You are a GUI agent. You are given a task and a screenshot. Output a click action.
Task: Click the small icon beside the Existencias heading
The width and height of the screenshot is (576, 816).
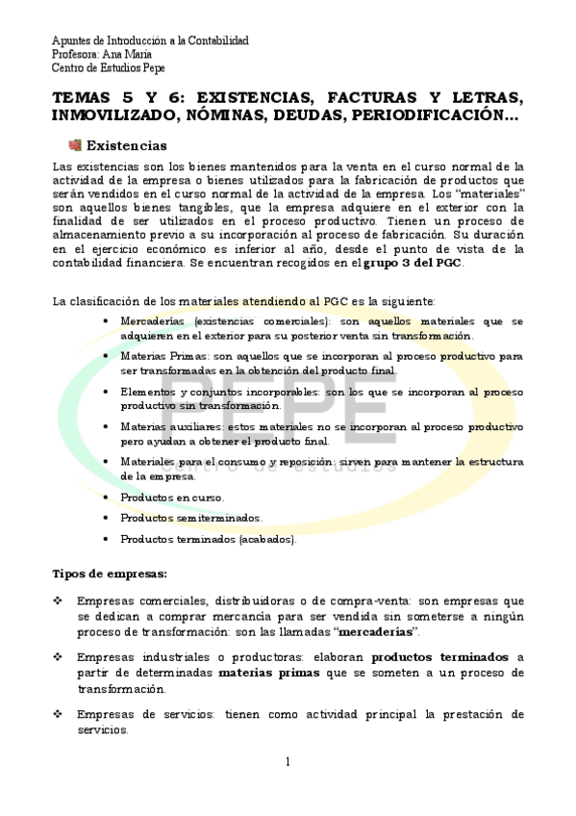tap(75, 146)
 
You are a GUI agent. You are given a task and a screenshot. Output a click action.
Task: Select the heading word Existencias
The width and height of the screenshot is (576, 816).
tap(127, 146)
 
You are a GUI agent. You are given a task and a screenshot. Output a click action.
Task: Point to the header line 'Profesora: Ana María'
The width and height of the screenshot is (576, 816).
tap(100, 55)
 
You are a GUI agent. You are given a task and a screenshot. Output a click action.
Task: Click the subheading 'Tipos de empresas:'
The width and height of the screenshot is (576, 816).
tap(109, 574)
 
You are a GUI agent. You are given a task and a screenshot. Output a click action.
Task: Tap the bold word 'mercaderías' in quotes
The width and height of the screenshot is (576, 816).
tap(378, 631)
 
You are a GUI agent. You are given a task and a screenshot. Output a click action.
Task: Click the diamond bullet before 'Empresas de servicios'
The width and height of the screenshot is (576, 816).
tap(58, 715)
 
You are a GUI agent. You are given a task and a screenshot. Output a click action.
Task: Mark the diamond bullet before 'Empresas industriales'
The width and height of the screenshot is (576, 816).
tap(58, 656)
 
